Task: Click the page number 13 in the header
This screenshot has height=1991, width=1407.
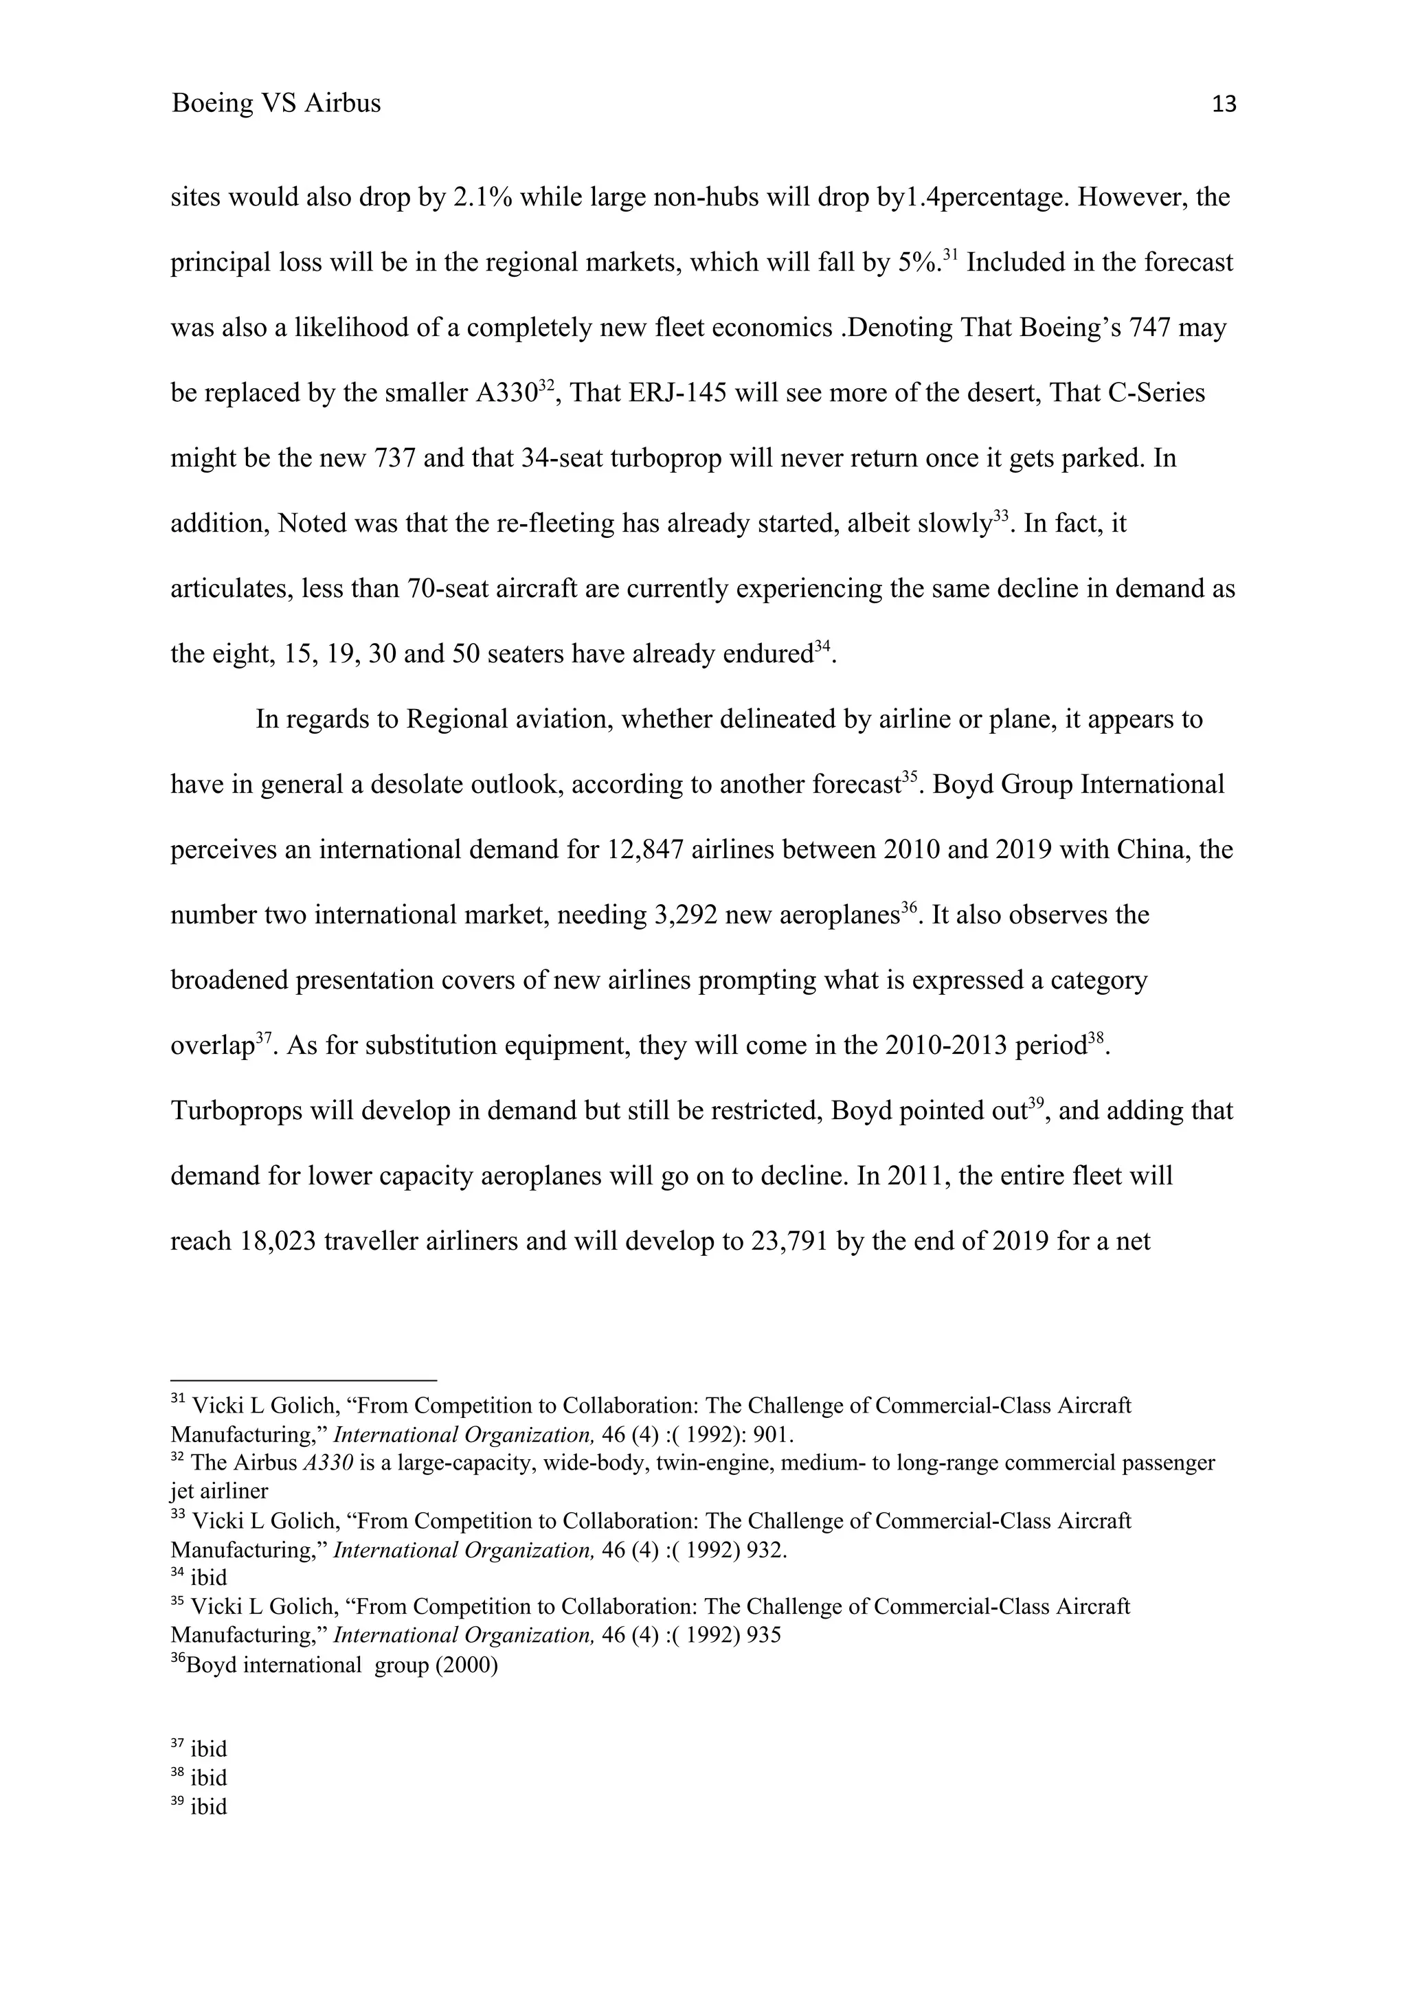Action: tap(1223, 105)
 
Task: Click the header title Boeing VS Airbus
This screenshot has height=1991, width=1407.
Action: tap(275, 103)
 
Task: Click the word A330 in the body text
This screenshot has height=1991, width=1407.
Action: tap(506, 393)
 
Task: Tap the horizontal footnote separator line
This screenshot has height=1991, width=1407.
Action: tap(304, 1380)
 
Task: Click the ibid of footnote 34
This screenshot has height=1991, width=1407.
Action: tap(208, 1577)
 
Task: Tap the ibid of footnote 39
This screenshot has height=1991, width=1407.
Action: tap(208, 1806)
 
